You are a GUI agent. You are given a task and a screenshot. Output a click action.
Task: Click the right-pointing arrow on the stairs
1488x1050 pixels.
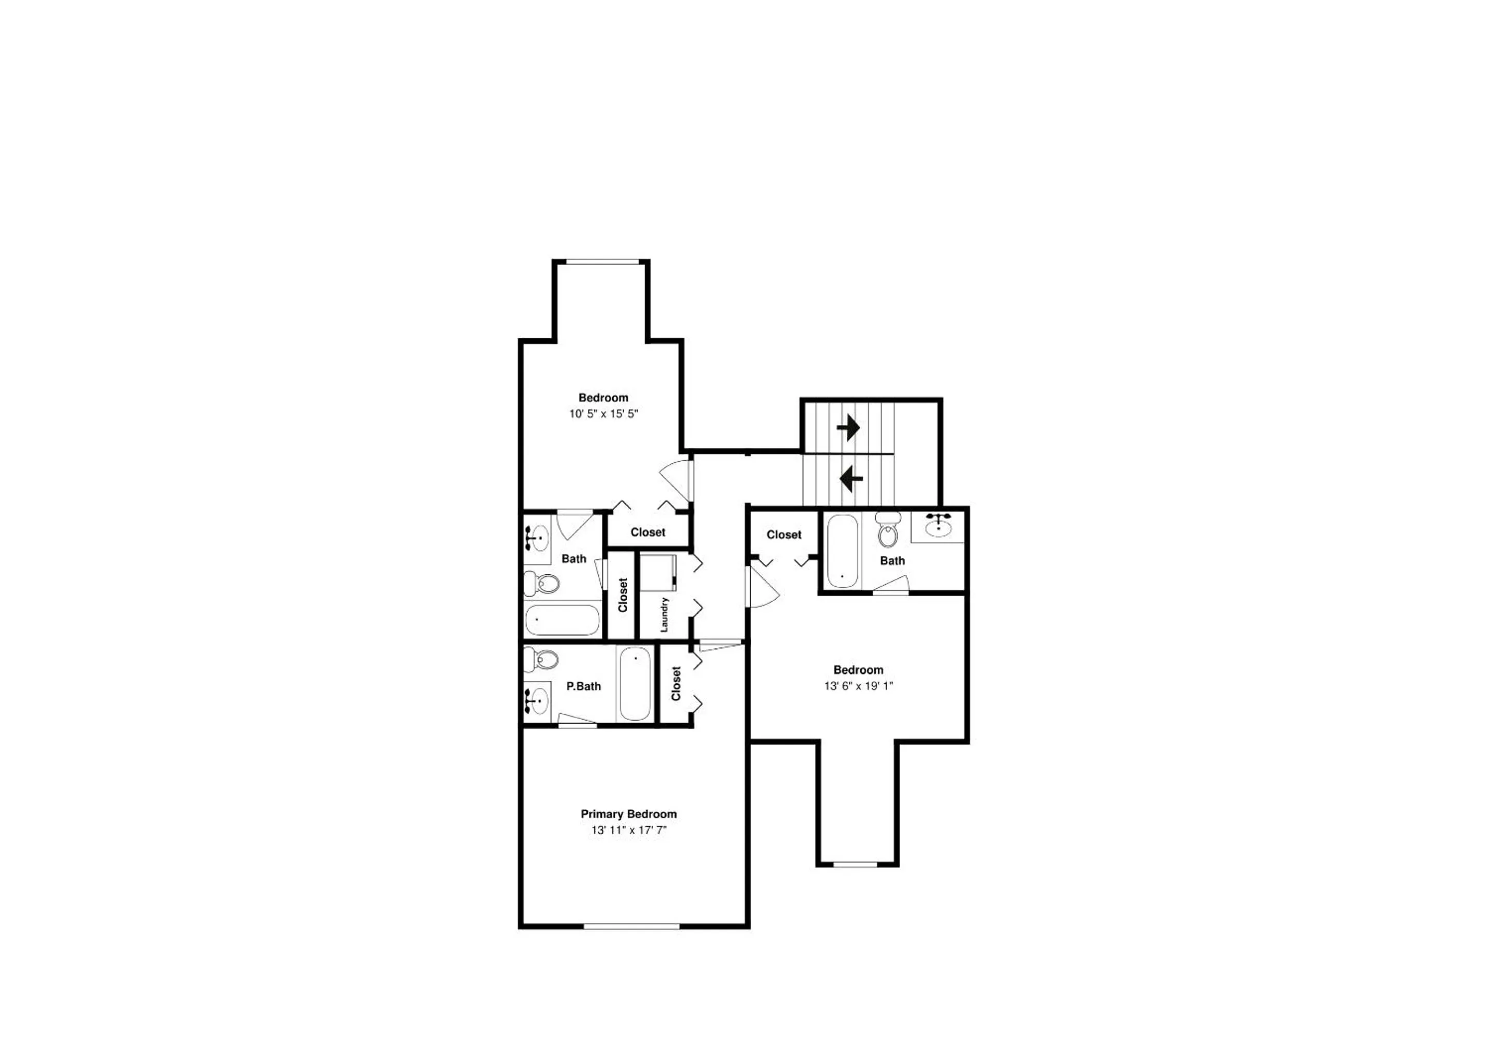848,428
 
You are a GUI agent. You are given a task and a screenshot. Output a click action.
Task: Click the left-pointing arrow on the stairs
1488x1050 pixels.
851,479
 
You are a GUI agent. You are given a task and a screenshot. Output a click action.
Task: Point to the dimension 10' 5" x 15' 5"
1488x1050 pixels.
603,413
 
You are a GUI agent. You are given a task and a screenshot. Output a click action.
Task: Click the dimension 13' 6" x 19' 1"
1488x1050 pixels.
858,685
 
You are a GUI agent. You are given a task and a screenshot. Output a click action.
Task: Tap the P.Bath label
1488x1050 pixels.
583,686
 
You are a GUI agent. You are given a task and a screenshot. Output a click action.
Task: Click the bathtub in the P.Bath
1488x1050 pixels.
635,683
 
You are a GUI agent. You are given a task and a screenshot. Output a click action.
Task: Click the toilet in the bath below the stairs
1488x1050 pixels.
887,531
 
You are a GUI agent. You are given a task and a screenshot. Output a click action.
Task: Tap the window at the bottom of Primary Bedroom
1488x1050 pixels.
631,926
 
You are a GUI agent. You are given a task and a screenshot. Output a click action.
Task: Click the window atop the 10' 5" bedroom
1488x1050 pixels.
602,262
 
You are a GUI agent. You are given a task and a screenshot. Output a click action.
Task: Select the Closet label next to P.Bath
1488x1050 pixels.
676,683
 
